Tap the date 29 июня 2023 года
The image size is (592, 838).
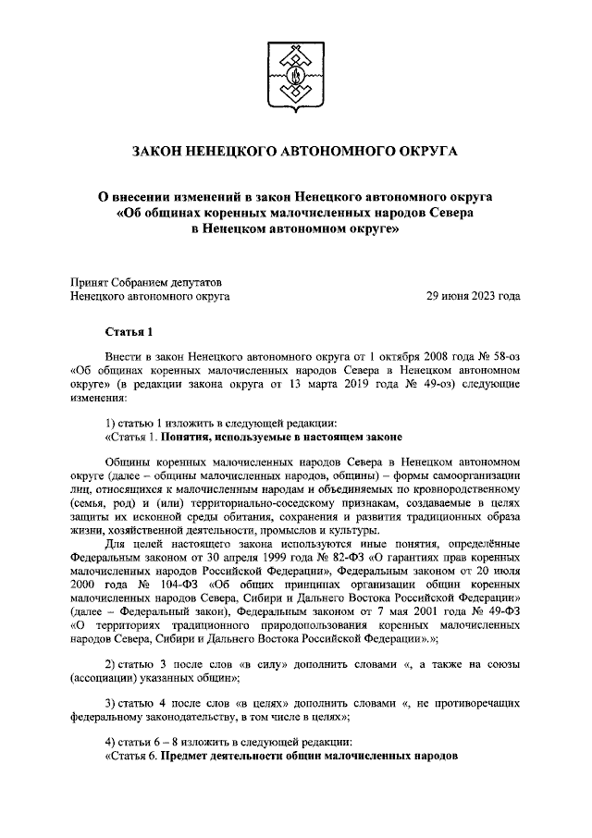(x=472, y=296)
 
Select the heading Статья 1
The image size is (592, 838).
(x=126, y=331)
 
